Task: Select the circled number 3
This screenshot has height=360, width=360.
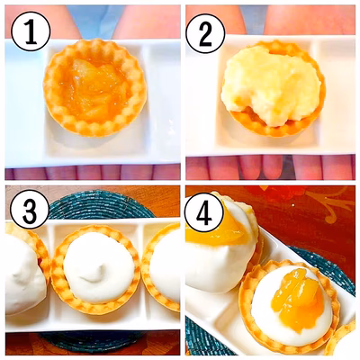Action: tap(30, 210)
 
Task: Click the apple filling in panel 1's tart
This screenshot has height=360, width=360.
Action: tap(94, 87)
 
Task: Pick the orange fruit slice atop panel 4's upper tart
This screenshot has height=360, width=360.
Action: tap(217, 230)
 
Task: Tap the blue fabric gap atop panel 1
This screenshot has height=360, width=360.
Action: tap(96, 18)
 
